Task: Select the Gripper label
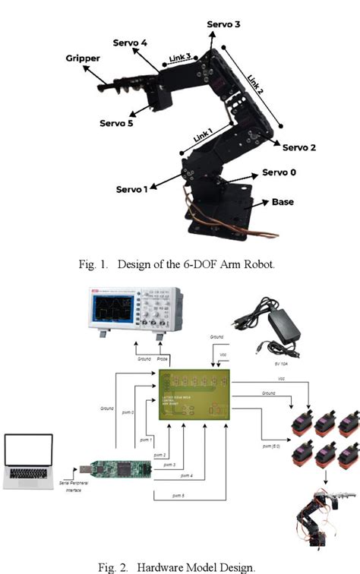coord(83,58)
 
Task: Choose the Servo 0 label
coord(279,172)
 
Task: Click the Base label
coord(283,202)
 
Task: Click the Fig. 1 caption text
coord(179,263)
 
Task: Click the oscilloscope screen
coord(112,312)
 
